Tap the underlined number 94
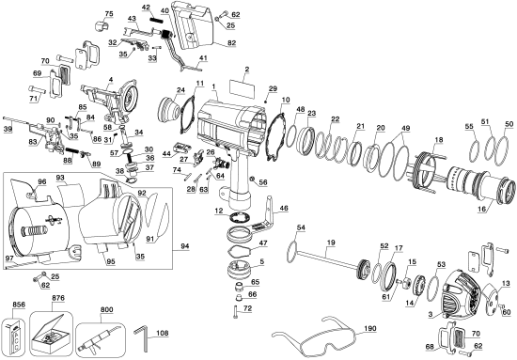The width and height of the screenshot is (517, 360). [183, 245]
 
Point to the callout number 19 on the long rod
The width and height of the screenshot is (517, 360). [331, 243]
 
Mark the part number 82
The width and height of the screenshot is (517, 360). [507, 283]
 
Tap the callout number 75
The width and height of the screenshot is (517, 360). [108, 13]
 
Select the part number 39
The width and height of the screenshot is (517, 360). [8, 128]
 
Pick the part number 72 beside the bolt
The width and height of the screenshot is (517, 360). [249, 308]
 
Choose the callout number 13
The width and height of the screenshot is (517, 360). [507, 283]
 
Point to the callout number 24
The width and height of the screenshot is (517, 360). [181, 90]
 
